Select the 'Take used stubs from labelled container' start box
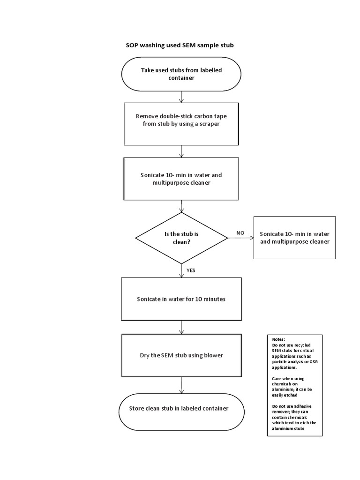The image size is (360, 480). click(x=181, y=74)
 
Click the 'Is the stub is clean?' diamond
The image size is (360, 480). click(x=181, y=238)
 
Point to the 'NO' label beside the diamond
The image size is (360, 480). click(x=240, y=232)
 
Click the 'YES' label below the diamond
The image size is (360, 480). click(x=191, y=270)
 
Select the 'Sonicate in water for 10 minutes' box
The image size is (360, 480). click(x=181, y=299)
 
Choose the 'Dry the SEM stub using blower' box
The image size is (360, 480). click(x=181, y=355)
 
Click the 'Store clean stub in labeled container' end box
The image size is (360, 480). click(x=181, y=409)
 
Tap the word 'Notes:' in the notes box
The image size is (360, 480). click(x=278, y=339)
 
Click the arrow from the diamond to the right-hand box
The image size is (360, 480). click(x=240, y=238)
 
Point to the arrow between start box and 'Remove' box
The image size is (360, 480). click(x=181, y=97)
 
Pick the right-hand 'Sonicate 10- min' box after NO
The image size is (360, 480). click(x=294, y=238)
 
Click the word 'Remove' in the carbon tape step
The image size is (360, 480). click(x=146, y=116)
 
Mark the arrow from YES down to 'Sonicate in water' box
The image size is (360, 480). click(x=181, y=270)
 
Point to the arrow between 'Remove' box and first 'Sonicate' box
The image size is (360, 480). click(x=181, y=151)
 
